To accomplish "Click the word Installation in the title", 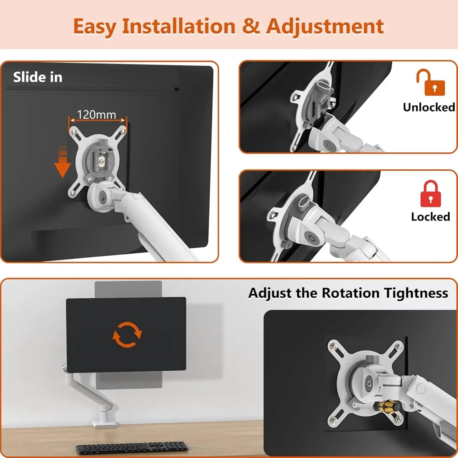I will click(x=179, y=26).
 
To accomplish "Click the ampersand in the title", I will click(x=251, y=26).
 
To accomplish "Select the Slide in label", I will click(x=38, y=77).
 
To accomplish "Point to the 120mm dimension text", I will click(x=96, y=115).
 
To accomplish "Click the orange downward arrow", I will click(x=63, y=163).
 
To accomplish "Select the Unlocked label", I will click(x=429, y=107).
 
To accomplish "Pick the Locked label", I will click(x=430, y=216).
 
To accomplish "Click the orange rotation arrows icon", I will click(x=127, y=335).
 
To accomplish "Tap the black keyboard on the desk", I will click(x=132, y=448).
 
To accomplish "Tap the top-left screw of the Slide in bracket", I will click(x=73, y=131).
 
